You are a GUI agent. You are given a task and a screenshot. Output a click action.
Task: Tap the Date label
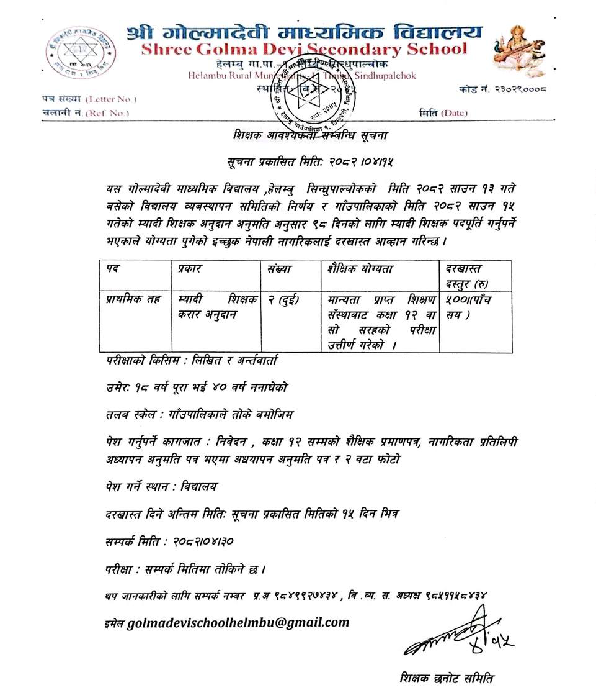click(x=454, y=112)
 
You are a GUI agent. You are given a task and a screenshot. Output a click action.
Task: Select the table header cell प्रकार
click(x=190, y=269)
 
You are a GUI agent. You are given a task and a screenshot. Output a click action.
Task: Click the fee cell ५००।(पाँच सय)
click(x=471, y=307)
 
